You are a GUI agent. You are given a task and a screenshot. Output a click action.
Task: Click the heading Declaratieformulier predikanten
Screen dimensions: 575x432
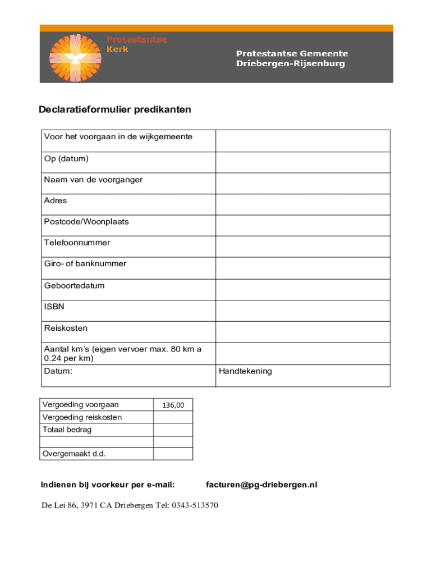(115, 109)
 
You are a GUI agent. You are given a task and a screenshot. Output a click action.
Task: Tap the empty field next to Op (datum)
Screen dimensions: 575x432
(303, 162)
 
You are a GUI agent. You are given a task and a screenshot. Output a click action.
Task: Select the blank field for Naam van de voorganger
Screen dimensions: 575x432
(303, 184)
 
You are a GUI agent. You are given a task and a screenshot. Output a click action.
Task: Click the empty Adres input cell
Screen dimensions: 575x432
(303, 204)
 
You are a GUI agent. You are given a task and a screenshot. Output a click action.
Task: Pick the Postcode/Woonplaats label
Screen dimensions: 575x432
(86, 222)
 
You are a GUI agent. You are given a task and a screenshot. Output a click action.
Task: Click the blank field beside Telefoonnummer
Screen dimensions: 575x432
(303, 247)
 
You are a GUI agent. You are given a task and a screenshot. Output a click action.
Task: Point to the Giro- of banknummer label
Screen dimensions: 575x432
(85, 264)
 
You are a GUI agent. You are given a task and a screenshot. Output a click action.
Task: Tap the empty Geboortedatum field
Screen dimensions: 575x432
(303, 290)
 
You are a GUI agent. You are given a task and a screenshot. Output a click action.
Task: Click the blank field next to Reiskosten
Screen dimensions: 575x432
(303, 332)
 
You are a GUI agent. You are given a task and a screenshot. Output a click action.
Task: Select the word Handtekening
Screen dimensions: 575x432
(245, 371)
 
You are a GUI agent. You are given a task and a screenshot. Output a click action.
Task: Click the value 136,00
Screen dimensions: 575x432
(173, 405)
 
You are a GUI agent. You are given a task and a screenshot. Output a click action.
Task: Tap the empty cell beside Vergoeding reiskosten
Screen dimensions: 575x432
(173, 417)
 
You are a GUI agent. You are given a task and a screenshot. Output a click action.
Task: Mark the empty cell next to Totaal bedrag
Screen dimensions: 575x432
(173, 430)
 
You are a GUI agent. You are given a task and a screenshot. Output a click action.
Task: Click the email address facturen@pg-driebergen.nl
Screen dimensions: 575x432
(261, 485)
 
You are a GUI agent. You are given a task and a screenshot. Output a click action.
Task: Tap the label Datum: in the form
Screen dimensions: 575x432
(58, 371)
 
